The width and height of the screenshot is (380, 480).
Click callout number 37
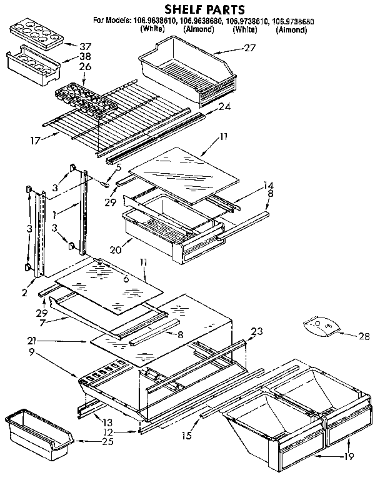point(86,47)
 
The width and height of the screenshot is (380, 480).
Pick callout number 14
point(269,185)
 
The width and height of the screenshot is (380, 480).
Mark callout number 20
point(114,249)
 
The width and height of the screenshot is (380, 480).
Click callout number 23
point(256,332)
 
